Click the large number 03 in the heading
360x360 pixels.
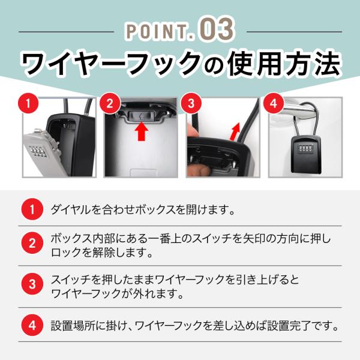click(217, 29)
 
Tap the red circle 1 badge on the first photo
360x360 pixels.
click(28, 104)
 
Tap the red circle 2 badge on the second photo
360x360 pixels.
click(110, 104)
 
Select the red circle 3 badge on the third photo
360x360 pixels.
click(191, 104)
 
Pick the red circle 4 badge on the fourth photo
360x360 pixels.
click(273, 104)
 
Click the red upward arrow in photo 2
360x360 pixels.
click(142, 131)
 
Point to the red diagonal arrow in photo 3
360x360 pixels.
click(235, 131)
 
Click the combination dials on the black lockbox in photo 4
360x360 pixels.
click(306, 149)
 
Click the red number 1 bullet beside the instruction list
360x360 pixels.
click(32, 209)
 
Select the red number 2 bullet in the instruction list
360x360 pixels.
click(32, 244)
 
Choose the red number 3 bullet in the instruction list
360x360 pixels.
click(32, 284)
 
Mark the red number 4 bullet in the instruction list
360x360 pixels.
click(32, 325)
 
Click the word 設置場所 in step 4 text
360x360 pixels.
click(73, 326)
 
